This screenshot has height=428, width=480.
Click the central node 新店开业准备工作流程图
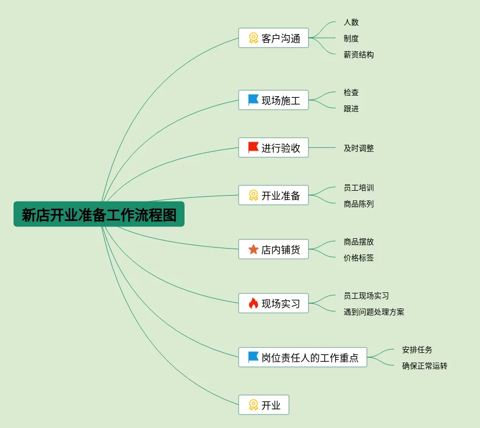click(x=99, y=215)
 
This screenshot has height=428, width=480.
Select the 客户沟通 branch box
click(x=273, y=38)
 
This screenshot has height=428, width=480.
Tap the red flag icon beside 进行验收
click(x=253, y=148)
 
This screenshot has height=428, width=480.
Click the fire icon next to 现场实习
click(x=253, y=304)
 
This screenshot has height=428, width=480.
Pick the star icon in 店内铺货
click(x=253, y=250)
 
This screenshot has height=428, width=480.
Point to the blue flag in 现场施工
click(x=253, y=100)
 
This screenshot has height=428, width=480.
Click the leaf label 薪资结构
click(x=358, y=55)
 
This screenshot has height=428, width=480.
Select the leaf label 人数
click(x=351, y=22)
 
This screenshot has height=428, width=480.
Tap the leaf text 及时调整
click(x=358, y=148)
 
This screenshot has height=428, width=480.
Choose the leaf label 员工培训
click(x=358, y=188)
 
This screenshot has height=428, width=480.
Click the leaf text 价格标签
click(x=358, y=258)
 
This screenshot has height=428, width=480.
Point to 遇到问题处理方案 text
click(x=373, y=312)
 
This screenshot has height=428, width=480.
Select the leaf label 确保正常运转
click(x=424, y=366)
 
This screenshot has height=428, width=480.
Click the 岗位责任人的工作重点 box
click(x=303, y=357)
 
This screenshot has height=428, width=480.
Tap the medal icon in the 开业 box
click(x=253, y=405)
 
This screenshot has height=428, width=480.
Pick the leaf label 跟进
click(x=351, y=109)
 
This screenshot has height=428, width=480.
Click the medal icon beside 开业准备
click(x=253, y=195)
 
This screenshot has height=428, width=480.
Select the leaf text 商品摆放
click(x=358, y=242)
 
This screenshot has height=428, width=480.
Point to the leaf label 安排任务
click(x=417, y=350)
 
